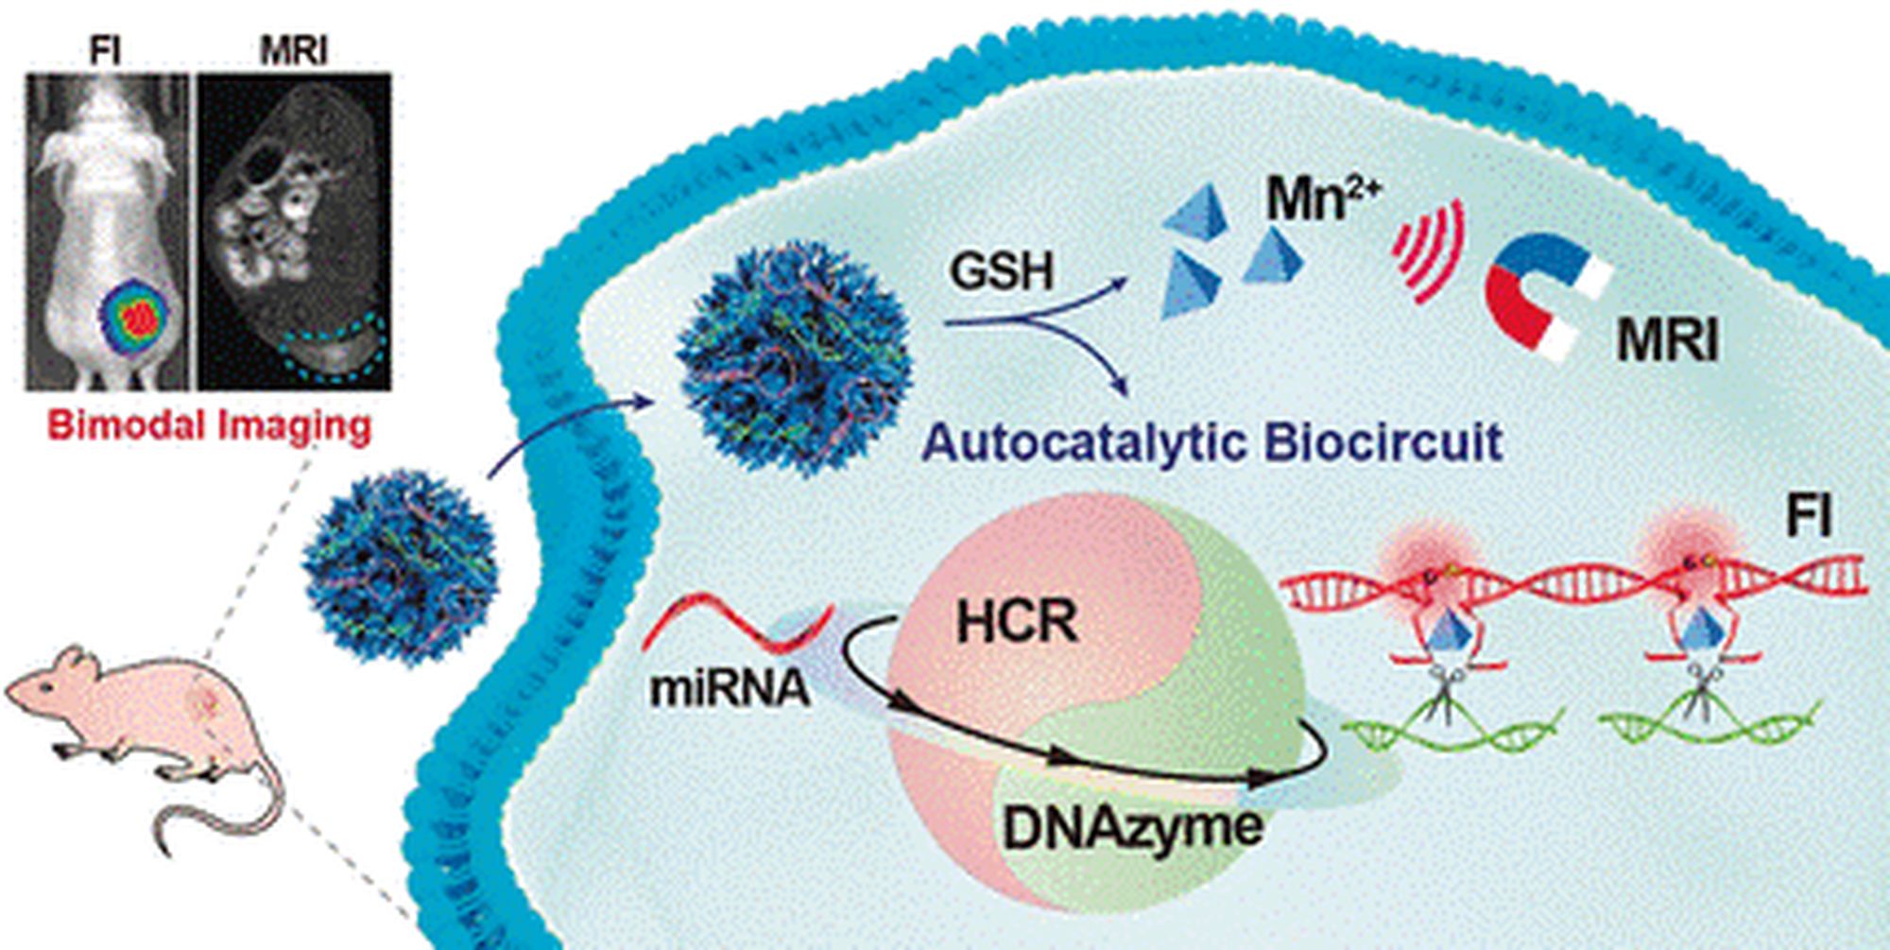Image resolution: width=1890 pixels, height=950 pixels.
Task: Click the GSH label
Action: pyautogui.click(x=1001, y=271)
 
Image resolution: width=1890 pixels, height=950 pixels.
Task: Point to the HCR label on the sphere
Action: pyautogui.click(x=1016, y=623)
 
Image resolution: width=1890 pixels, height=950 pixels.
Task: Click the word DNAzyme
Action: pyautogui.click(x=1132, y=827)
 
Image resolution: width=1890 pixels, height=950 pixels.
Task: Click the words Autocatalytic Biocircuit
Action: pyautogui.click(x=1211, y=442)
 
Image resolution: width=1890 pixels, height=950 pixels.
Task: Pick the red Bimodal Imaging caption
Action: pyautogui.click(x=210, y=425)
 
